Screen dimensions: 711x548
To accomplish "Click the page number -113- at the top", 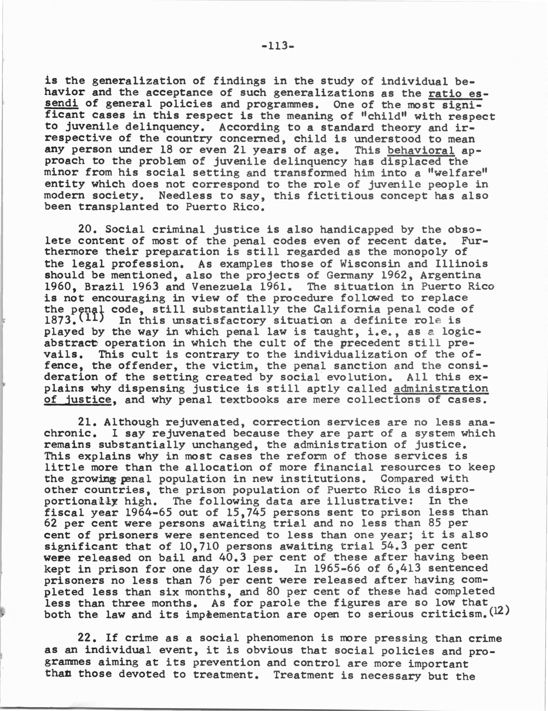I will pos(278,46).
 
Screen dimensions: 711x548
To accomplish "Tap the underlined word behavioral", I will pos(421,151).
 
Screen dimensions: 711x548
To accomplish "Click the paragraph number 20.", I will pos(88,230).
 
